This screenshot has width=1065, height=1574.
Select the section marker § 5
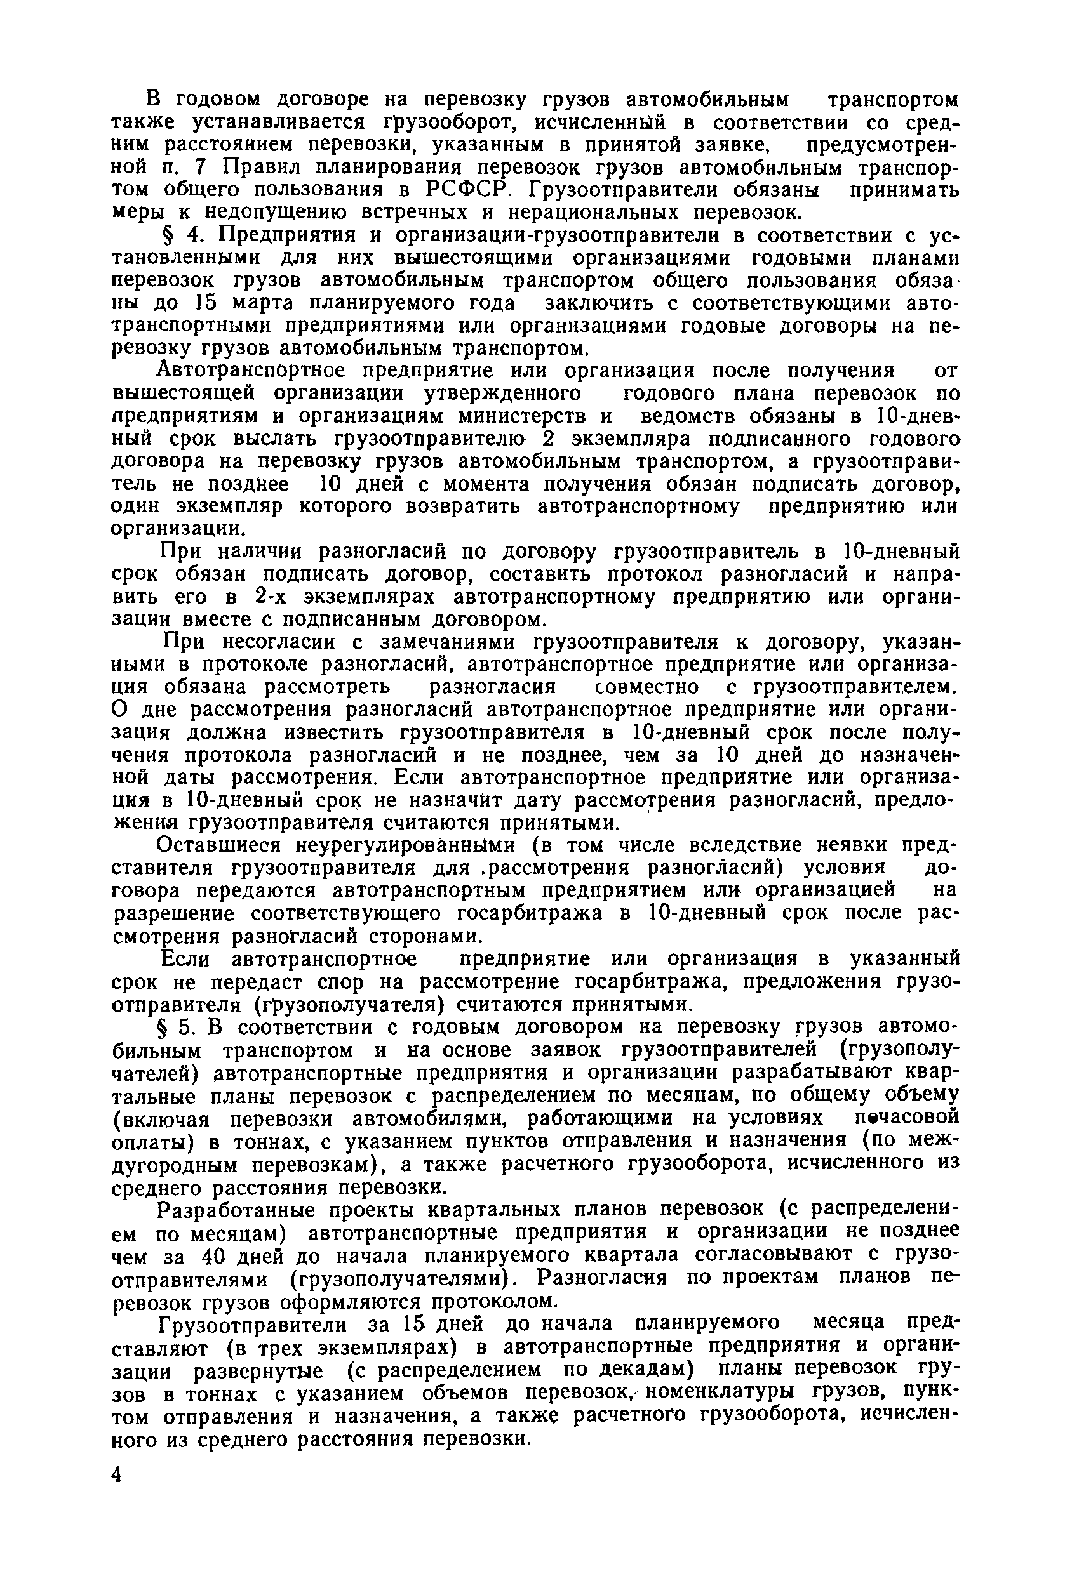point(175,1028)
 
